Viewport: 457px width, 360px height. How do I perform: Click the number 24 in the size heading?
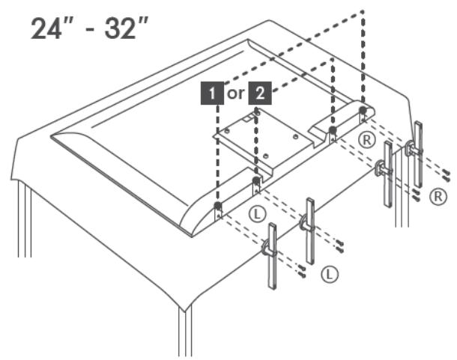pos(46,28)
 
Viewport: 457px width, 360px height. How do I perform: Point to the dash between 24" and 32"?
pos(91,31)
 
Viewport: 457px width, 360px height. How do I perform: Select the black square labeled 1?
pos(212,94)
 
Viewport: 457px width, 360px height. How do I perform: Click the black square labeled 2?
pos(260,94)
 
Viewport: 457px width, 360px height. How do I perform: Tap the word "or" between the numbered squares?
pos(236,94)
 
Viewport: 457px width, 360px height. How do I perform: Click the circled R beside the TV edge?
pos(366,140)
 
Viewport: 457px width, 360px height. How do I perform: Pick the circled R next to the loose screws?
pos(438,197)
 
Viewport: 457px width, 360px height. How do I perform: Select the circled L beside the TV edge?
pos(258,214)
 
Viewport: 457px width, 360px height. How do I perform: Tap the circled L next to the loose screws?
pos(330,274)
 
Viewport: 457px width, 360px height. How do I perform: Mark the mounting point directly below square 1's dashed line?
pos(218,206)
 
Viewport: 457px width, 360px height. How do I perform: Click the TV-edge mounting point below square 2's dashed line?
pos(256,180)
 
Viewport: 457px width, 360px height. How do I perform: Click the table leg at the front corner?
pos(185,332)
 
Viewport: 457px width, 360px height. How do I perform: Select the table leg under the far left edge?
pos(25,219)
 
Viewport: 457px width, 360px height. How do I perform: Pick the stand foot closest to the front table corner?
pos(272,256)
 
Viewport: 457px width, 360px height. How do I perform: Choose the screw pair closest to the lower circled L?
pos(302,270)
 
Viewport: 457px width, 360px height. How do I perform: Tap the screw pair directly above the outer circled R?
pos(446,174)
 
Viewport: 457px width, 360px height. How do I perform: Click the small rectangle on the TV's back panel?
pos(247,118)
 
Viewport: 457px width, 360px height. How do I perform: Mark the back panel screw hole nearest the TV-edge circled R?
pos(296,136)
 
